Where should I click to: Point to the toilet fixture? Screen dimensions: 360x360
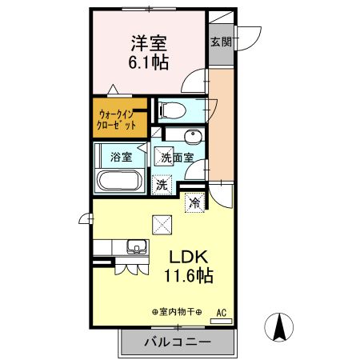tap(171, 110)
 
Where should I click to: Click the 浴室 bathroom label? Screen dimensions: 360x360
tap(122, 157)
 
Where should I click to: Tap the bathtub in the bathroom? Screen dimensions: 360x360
tap(120, 181)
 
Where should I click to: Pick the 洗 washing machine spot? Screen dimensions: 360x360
tap(162, 184)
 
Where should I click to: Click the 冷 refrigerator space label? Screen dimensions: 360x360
tap(194, 203)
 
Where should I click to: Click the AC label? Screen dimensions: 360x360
tap(220, 312)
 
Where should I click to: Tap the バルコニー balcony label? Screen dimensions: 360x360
tap(178, 342)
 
